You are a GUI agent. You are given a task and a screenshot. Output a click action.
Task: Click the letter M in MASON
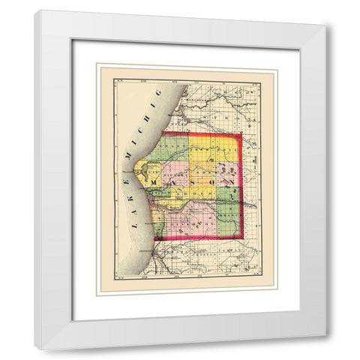tap(154, 182)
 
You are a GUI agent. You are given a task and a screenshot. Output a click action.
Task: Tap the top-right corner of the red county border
tap(241, 135)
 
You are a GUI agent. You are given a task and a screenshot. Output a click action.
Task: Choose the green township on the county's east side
tap(229, 196)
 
